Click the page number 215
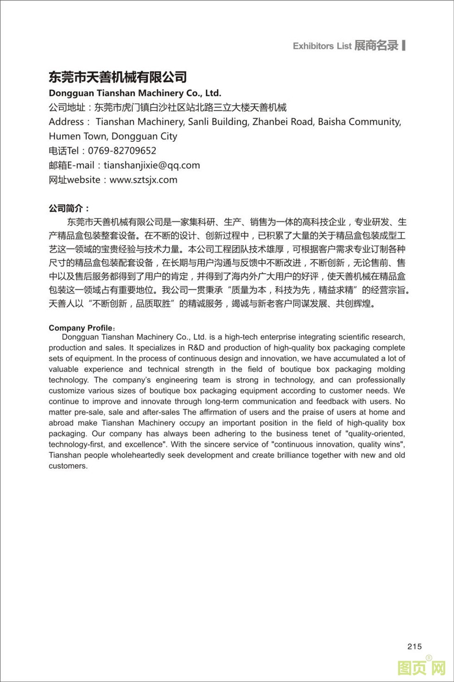click(x=415, y=646)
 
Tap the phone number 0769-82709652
click(x=122, y=151)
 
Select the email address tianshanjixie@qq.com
click(x=151, y=166)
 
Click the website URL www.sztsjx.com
click(x=143, y=180)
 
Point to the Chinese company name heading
click(x=118, y=77)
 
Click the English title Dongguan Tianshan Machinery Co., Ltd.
click(x=135, y=93)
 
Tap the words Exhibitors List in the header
click(x=322, y=46)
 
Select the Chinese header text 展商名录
click(x=376, y=45)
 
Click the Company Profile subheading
click(x=81, y=328)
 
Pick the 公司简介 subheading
click(x=69, y=208)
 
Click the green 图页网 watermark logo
click(x=421, y=668)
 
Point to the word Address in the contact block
click(x=66, y=122)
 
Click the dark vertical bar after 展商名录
click(x=404, y=45)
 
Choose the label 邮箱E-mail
click(x=72, y=166)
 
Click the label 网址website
click(x=74, y=180)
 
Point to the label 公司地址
click(x=67, y=108)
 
